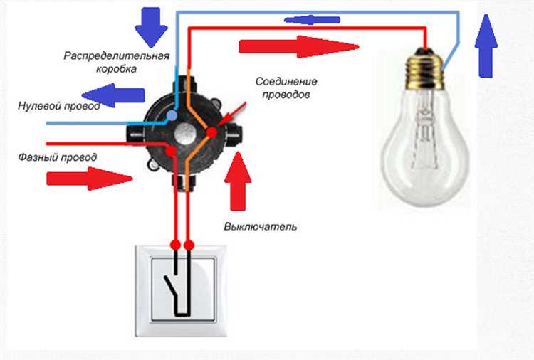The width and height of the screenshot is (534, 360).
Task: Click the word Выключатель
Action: click(260, 227)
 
